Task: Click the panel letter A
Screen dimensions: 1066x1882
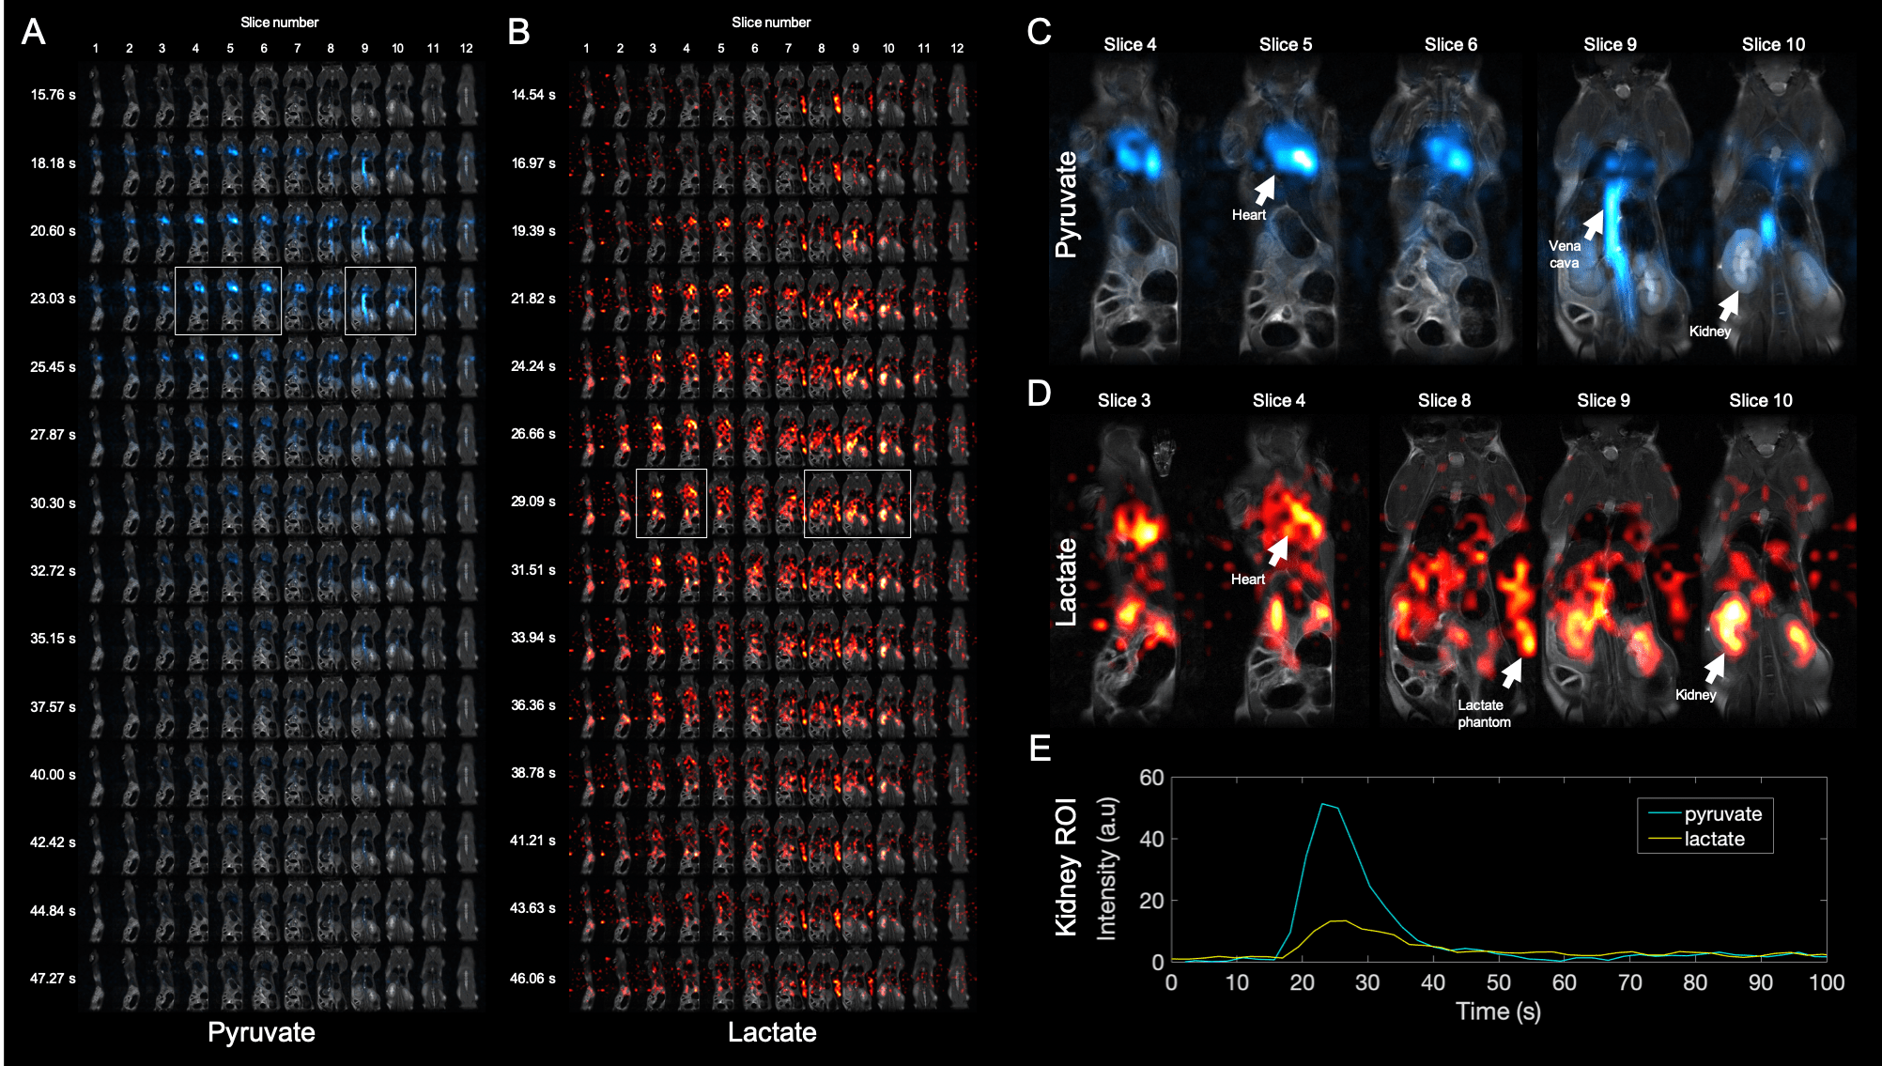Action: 34,32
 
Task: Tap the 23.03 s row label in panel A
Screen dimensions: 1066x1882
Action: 53,299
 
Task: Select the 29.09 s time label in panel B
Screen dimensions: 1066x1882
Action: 532,502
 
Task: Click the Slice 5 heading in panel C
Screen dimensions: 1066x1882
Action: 1285,44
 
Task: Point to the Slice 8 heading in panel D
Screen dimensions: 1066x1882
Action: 1443,400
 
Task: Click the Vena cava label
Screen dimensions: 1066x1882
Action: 1564,255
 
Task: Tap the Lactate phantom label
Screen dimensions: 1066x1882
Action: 1484,714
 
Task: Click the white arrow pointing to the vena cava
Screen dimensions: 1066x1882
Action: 1594,224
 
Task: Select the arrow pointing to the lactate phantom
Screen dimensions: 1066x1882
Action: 1511,672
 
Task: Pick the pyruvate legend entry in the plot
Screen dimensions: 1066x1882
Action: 1721,814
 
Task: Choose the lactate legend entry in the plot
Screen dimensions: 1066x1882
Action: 1714,840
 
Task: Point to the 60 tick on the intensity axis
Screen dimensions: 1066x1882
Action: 1151,778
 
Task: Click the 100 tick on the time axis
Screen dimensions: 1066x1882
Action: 1826,983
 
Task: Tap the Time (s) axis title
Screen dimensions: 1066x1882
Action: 1497,1012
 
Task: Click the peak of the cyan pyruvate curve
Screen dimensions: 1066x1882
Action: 1322,804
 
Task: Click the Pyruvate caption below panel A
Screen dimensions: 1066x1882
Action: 261,1032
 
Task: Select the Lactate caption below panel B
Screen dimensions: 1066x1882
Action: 771,1032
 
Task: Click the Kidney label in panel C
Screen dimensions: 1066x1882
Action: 1709,332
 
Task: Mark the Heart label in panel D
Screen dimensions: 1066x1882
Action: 1248,579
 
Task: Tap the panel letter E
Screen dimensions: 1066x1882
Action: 1040,749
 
